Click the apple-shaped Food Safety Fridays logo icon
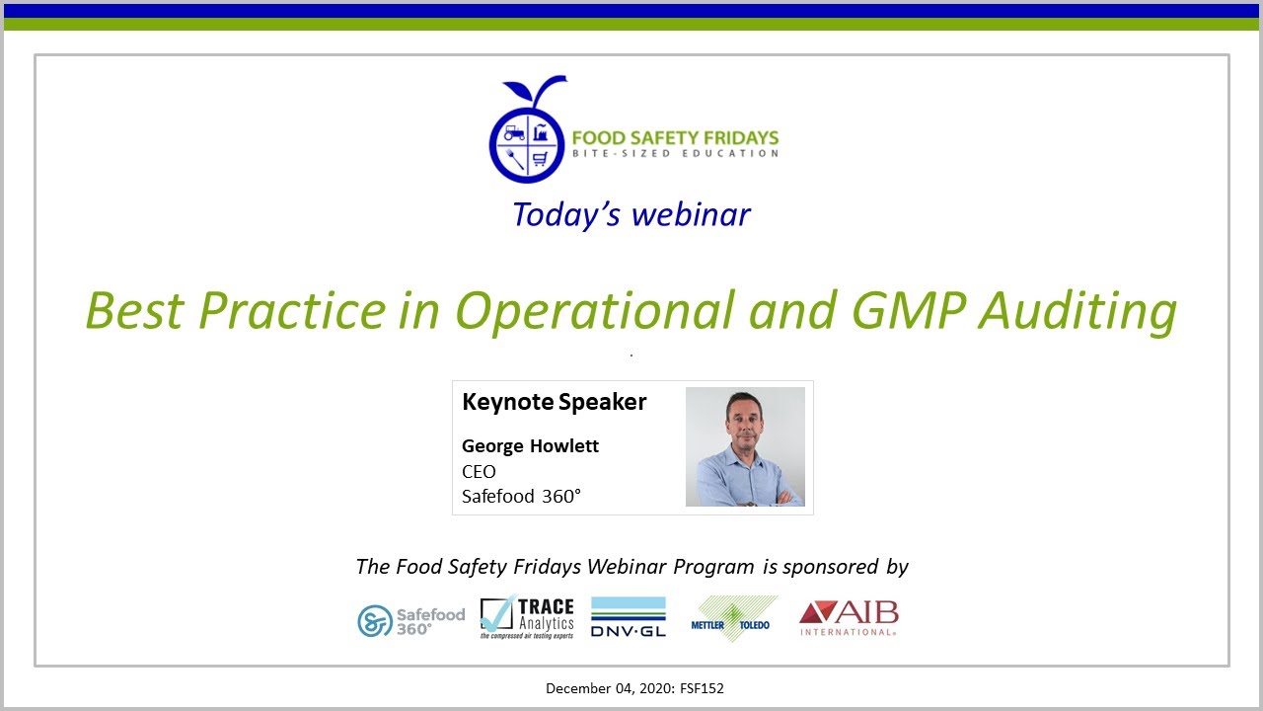[x=529, y=133]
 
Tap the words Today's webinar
[x=631, y=214]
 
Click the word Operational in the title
[x=595, y=310]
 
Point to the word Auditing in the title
[x=1078, y=310]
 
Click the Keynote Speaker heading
[x=554, y=402]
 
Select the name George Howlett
[x=530, y=445]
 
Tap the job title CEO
[x=479, y=471]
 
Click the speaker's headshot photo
[x=745, y=446]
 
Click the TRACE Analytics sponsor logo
[x=527, y=619]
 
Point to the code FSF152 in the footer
[x=702, y=688]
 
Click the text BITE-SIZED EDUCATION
[x=676, y=154]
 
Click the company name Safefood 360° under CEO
[x=521, y=496]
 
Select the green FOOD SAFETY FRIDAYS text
[x=675, y=137]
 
